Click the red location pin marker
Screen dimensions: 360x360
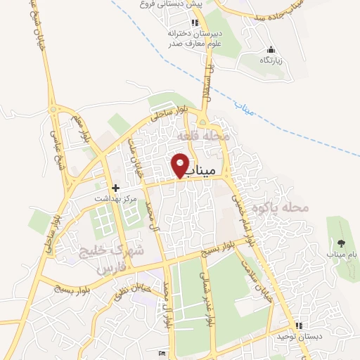tap(181, 165)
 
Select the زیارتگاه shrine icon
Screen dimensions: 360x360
tap(271, 50)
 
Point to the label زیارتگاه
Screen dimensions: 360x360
tap(271, 61)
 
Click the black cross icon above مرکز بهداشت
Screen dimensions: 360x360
tap(116, 188)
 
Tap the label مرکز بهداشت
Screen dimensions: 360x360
tap(116, 200)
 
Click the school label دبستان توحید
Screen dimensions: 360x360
tap(299, 337)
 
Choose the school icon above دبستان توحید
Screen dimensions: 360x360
tap(299, 326)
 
